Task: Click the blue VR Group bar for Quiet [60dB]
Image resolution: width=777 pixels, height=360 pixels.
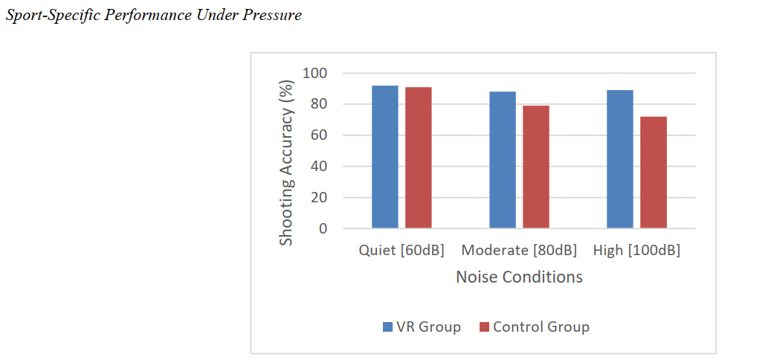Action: click(385, 157)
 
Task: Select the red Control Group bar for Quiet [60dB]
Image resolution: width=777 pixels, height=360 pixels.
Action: click(419, 158)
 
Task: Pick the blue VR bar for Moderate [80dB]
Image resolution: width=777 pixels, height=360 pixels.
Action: click(503, 160)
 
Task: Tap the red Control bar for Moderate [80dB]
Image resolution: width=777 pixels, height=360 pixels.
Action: click(536, 167)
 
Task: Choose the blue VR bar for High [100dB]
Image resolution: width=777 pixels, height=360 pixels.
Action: click(620, 159)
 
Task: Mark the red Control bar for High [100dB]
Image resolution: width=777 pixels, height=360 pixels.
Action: click(654, 173)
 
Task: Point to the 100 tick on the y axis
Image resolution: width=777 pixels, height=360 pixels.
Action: click(316, 73)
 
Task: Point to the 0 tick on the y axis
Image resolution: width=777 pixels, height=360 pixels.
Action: click(323, 229)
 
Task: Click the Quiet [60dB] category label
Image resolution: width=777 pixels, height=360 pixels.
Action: click(402, 251)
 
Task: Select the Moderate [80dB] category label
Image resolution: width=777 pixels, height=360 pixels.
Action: click(519, 251)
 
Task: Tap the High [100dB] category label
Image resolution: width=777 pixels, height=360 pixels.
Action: click(636, 251)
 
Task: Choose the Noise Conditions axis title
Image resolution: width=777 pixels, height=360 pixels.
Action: click(519, 277)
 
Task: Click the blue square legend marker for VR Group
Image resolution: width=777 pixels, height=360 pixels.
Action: click(387, 327)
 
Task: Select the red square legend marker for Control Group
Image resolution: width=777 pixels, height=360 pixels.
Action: click(484, 327)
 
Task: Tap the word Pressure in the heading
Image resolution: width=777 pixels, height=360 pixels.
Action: click(272, 16)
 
